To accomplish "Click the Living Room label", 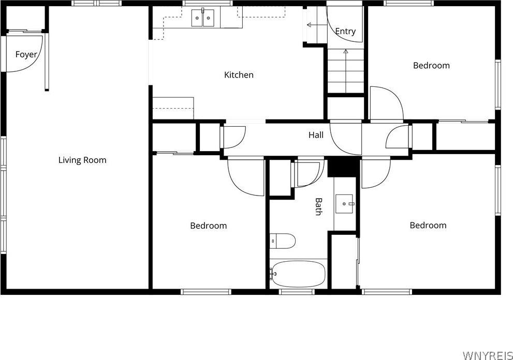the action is [82, 160].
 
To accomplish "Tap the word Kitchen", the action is [239, 75].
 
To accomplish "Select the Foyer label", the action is [26, 55].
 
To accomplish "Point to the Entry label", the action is [345, 32].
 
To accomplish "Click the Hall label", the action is [316, 134].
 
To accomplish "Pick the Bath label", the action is [318, 207].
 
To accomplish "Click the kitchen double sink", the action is [203, 18].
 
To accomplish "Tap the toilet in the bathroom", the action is [282, 241].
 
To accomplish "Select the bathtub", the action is [298, 274].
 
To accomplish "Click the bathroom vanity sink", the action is [344, 204].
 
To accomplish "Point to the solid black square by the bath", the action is [342, 167].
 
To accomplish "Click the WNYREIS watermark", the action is [488, 355].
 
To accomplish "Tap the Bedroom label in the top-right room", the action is [431, 65].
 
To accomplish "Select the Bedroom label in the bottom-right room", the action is [428, 226].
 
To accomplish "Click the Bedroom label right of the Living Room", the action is [209, 226].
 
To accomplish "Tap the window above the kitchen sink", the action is [208, 3].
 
